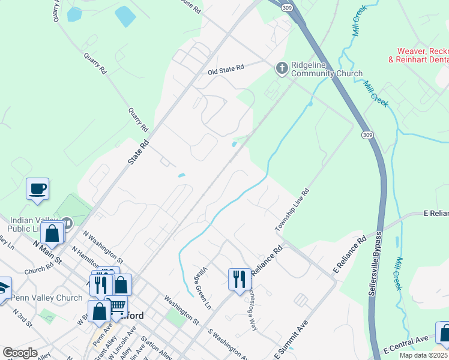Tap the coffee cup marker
click(x=37, y=188)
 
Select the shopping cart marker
click(x=116, y=306)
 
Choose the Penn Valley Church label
click(x=47, y=298)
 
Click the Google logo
click(x=20, y=353)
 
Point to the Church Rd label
click(x=40, y=271)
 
